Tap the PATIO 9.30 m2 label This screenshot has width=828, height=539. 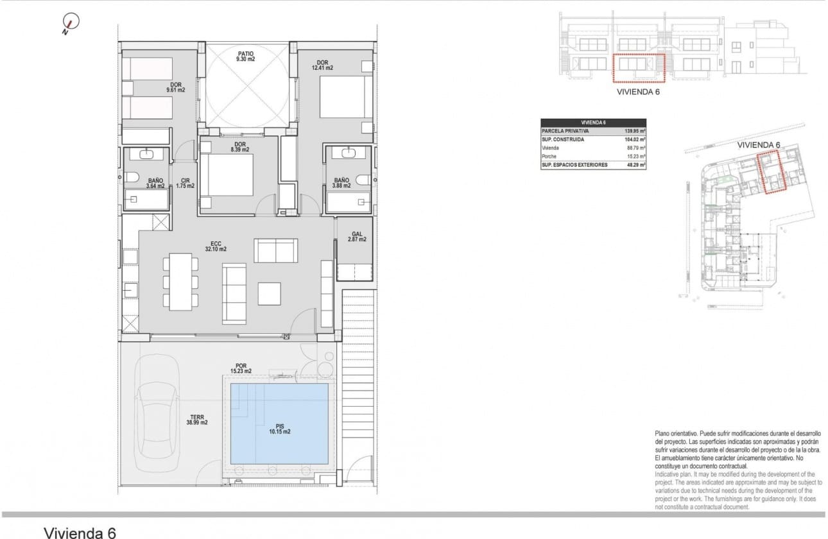tap(245, 56)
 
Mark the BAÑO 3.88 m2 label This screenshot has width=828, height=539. tap(341, 184)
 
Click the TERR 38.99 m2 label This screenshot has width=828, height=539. tap(197, 420)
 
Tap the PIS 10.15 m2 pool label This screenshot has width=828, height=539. tap(279, 429)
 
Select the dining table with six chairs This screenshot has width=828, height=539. tap(180, 282)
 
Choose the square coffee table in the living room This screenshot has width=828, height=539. tap(269, 293)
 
